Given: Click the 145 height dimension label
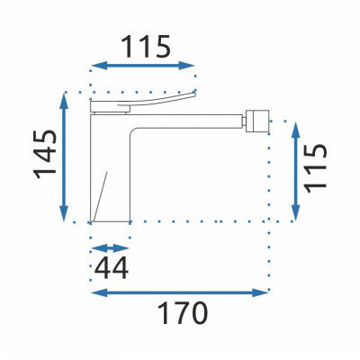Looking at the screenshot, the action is (x=46, y=154).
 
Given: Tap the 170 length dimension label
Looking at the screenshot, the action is (x=183, y=313).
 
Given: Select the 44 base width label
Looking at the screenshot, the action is (x=112, y=268).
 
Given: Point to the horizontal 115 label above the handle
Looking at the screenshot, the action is (x=146, y=47).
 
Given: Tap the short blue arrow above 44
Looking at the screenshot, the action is (x=110, y=248).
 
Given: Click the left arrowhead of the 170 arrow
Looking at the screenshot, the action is (x=99, y=293).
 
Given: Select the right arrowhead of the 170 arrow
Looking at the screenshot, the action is (x=260, y=293).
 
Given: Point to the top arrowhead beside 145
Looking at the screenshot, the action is (x=64, y=101).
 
